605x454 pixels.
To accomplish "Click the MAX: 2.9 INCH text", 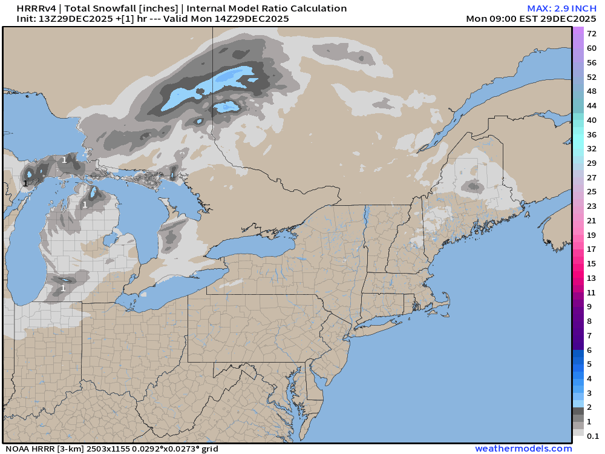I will pos(562,8).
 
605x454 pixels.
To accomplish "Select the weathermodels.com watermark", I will pos(523,449).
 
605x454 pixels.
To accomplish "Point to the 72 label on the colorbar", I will pos(592,34).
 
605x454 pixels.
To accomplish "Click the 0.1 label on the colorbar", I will pos(593,436).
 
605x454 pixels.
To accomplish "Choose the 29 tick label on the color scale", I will pos(592,163).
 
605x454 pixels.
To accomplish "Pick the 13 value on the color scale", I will pos(592,278).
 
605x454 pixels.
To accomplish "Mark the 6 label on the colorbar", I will pos(589,350).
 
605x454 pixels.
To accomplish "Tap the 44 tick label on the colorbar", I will pos(592,105).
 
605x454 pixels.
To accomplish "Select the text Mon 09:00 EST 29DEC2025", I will pos(532,19).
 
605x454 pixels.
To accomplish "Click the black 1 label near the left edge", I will pos(25,183).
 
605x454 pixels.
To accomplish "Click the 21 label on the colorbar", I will pos(592,220).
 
